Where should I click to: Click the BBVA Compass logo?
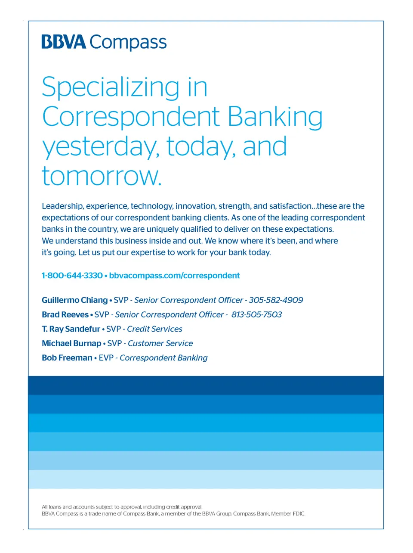[104, 42]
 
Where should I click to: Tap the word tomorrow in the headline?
[101, 176]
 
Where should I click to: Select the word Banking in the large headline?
[275, 117]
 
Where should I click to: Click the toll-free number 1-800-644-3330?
[72, 275]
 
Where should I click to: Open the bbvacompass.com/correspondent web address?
[174, 276]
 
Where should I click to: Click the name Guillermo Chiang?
[75, 300]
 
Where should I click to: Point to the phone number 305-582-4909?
[276, 300]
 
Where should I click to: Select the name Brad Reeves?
[65, 314]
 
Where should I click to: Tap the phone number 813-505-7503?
[256, 314]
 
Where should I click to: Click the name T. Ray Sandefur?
[71, 329]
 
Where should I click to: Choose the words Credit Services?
[154, 329]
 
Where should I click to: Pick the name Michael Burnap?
[71, 343]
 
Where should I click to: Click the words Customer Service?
[160, 343]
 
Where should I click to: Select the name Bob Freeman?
[67, 358]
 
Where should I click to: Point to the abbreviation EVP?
[106, 358]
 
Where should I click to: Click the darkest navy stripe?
[206, 385]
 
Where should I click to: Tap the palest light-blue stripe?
[206, 479]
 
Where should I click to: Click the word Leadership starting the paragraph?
[62, 206]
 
